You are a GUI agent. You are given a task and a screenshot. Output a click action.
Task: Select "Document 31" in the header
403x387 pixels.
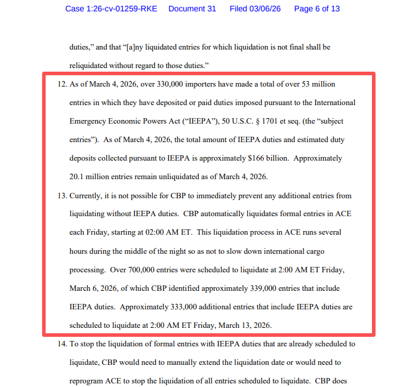(192, 9)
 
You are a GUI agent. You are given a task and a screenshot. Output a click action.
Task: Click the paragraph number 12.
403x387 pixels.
(61, 84)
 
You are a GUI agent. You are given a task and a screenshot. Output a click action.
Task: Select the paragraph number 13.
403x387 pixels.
(61, 195)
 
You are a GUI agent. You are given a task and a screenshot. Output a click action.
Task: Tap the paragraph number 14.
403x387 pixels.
(61, 344)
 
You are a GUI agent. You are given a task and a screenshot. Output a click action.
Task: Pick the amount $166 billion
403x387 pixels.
(264, 158)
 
